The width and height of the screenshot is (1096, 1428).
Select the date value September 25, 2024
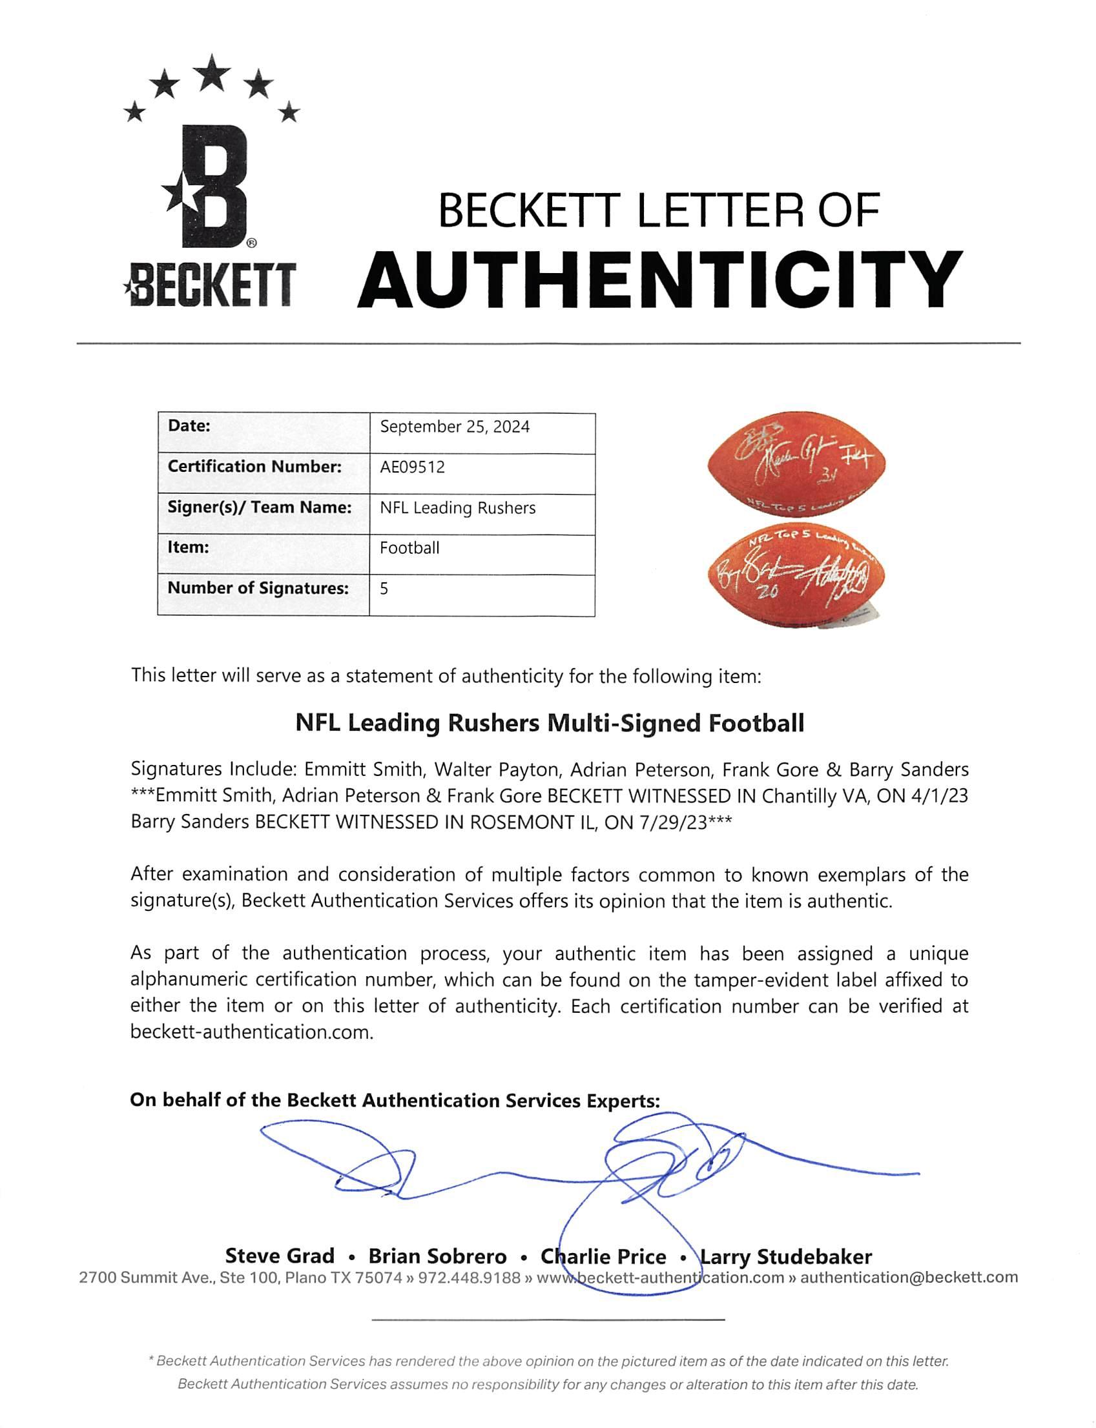(455, 427)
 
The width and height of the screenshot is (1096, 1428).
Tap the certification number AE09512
(412, 467)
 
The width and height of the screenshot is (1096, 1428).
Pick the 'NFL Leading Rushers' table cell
(457, 508)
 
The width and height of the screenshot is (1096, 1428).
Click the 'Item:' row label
(189, 547)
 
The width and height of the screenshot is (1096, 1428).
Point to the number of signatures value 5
(384, 589)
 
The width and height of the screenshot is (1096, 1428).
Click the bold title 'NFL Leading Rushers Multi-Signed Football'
(550, 723)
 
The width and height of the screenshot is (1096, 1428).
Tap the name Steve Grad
(279, 1256)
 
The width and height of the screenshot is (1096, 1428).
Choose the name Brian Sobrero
(437, 1256)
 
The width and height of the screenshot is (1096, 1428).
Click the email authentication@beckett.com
(909, 1278)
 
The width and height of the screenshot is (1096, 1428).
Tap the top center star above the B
(211, 73)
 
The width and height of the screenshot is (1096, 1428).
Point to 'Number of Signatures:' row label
(258, 588)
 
